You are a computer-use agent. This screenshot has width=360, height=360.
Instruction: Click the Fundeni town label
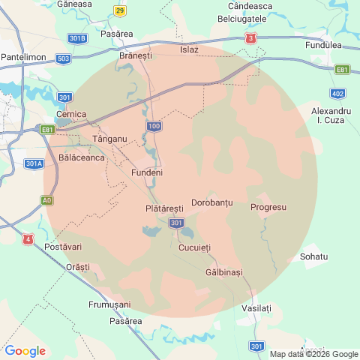point(147,172)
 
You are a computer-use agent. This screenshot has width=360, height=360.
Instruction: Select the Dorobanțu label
point(212,203)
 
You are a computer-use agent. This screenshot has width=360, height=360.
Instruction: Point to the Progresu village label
point(268,207)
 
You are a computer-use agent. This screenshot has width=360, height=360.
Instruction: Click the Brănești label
point(136,55)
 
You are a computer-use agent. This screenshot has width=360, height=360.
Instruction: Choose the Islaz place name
point(190,49)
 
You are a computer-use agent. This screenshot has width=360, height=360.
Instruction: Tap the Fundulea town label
point(324,45)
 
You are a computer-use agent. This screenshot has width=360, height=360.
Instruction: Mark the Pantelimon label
point(25,57)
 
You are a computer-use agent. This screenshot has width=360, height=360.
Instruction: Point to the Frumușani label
point(109,304)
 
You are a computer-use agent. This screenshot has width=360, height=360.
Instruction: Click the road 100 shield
point(154,126)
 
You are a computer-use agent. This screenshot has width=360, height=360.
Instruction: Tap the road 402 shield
point(337,94)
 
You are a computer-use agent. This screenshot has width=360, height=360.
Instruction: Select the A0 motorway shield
point(47,200)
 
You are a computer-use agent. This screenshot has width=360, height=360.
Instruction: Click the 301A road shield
point(34,163)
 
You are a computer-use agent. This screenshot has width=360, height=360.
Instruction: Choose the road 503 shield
point(63,58)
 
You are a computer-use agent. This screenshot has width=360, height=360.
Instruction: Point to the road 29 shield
point(121,10)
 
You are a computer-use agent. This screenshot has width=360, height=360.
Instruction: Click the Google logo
point(25,350)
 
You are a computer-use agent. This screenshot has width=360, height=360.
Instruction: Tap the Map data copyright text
point(314,354)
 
